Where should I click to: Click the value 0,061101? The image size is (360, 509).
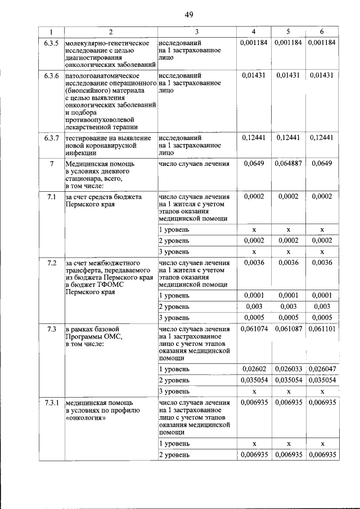(x=322, y=328)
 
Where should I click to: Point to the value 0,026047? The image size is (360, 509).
(x=322, y=369)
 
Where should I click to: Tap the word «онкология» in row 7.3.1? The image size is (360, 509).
(x=84, y=419)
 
